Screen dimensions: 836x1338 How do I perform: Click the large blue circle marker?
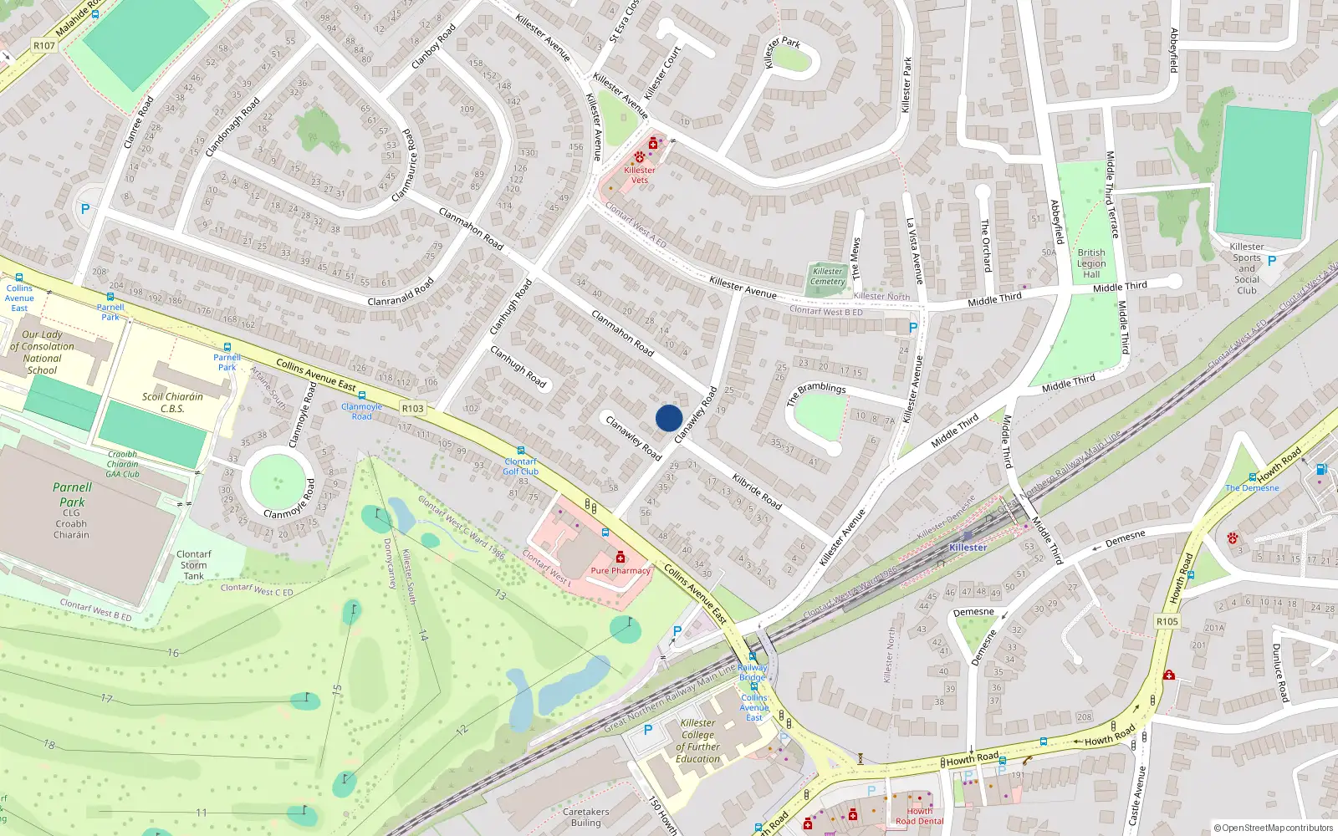668,418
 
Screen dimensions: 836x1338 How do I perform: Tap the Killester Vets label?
639,175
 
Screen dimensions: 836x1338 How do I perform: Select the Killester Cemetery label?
827,276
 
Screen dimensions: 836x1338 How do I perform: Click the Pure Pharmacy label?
620,570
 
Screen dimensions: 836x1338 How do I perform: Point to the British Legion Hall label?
1091,263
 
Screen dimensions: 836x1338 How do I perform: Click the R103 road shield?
412,409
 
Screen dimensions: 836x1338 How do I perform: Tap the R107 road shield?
44,45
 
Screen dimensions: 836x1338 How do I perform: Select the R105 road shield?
1167,621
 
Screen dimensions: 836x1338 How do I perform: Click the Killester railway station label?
968,548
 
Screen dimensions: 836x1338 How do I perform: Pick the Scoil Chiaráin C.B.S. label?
172,402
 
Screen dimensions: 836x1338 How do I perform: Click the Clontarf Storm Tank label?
193,565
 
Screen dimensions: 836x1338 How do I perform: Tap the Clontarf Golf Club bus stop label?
520,466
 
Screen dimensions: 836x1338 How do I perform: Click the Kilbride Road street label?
757,492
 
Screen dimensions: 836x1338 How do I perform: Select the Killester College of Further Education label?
697,741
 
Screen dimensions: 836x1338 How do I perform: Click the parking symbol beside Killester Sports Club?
1271,261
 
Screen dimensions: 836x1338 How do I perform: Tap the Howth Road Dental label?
919,816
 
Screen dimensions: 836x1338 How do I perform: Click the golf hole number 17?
106,698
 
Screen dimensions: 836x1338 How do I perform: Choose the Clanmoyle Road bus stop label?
361,411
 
